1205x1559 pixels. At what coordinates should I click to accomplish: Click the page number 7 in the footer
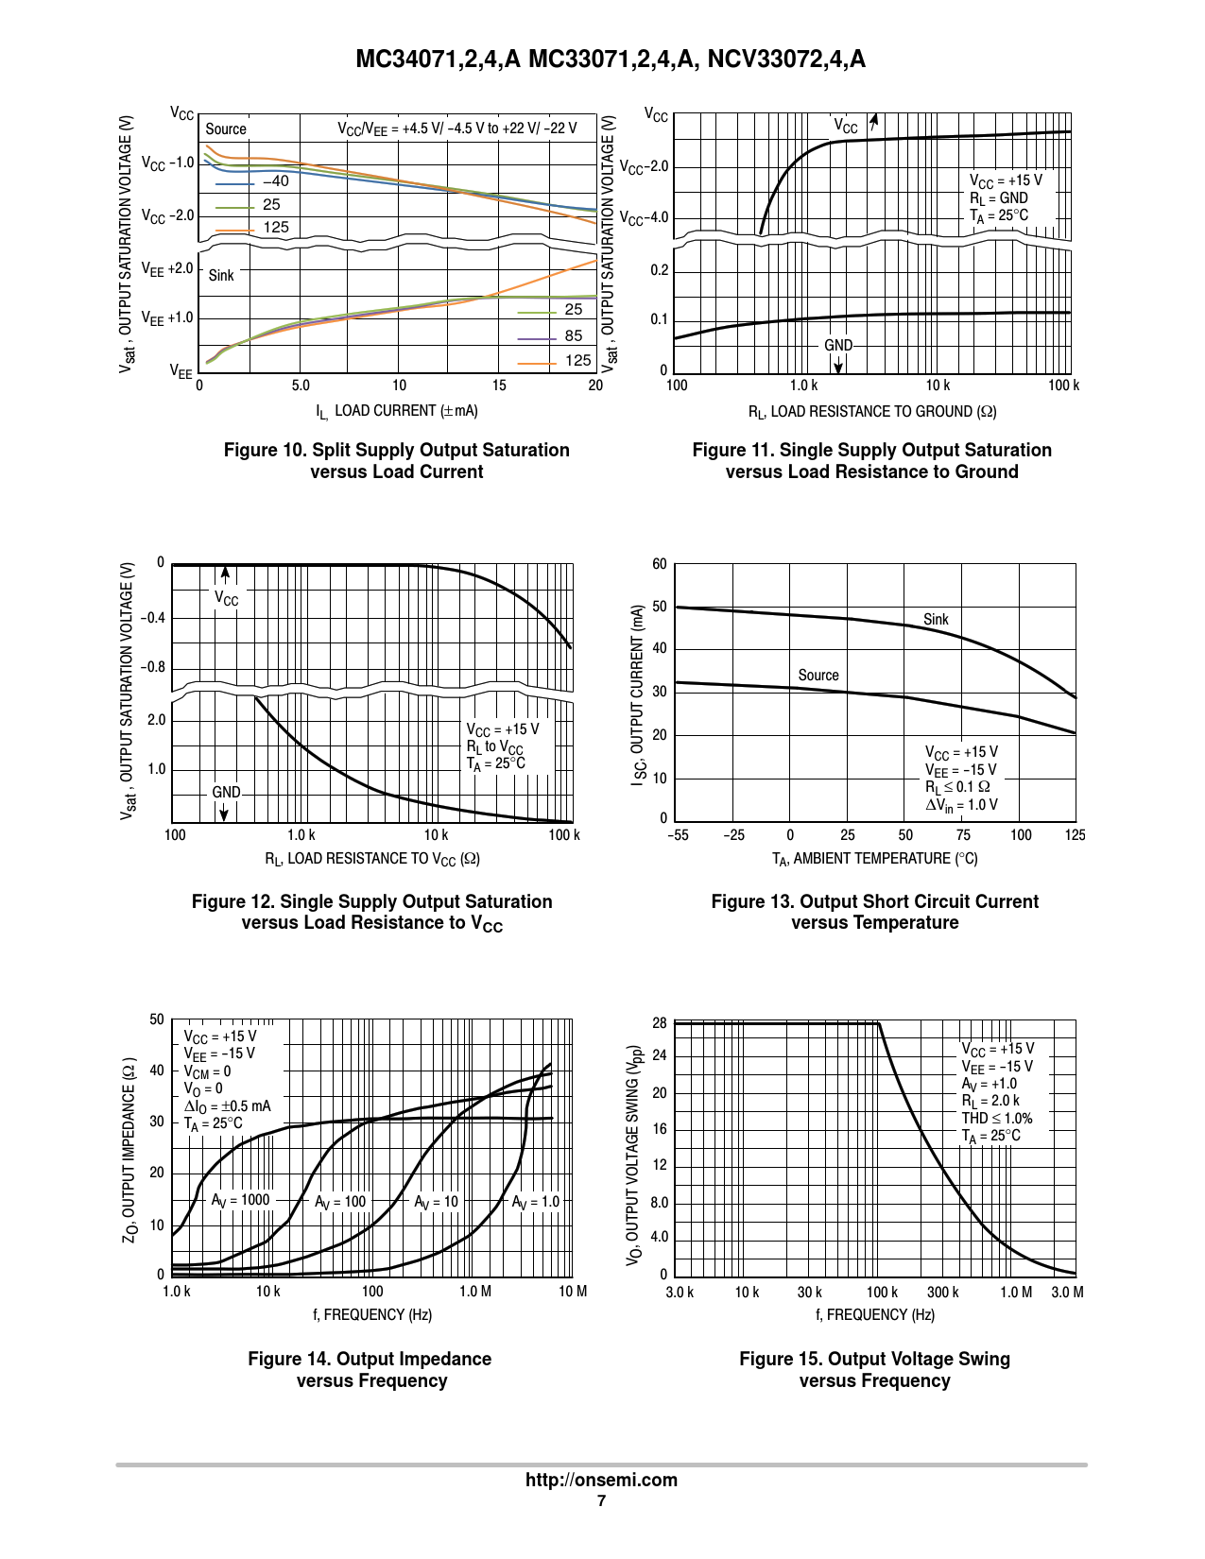(601, 1501)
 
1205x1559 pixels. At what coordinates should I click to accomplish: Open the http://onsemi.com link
(601, 1480)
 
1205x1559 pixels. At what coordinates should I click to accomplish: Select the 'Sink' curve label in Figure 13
(936, 620)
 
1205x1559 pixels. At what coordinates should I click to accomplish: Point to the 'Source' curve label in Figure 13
(818, 676)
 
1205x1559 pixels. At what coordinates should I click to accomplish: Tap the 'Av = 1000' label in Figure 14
(240, 1200)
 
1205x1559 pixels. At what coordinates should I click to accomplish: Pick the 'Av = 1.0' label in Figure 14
(535, 1202)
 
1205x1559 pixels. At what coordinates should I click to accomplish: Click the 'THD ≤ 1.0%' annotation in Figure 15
(997, 1118)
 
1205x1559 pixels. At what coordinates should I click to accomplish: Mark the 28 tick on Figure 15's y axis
(659, 1023)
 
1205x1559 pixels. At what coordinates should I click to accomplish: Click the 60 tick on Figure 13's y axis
(659, 564)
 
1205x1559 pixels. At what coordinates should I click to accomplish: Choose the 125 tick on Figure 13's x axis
(1075, 835)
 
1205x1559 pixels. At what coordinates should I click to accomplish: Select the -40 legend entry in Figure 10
(276, 181)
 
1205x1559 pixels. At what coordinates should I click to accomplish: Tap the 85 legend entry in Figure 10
(574, 335)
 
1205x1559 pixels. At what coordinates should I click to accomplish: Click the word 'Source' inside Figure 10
(226, 129)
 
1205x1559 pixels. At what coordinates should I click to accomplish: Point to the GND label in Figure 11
(838, 346)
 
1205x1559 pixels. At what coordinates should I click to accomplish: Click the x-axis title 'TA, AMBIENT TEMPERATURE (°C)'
(874, 859)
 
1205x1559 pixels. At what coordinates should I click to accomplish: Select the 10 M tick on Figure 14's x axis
(573, 1292)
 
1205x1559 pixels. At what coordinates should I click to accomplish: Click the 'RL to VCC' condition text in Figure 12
(494, 747)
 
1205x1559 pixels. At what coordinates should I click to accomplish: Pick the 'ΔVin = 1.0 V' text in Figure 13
(961, 805)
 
